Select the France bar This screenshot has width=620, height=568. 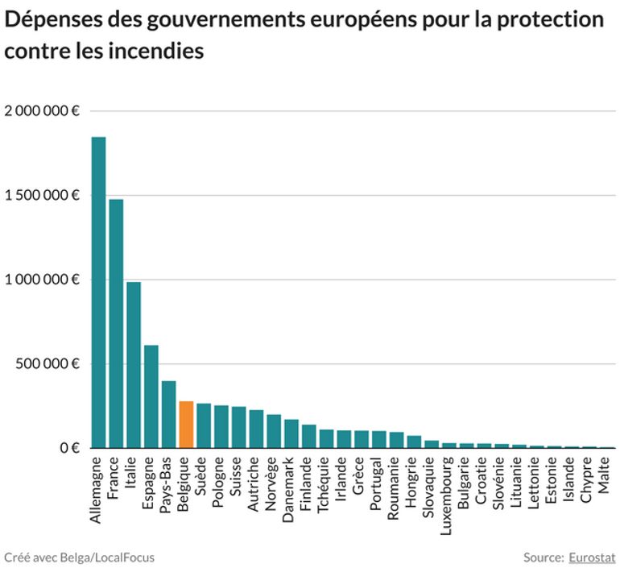click(x=116, y=323)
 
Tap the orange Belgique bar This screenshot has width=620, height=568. click(x=186, y=425)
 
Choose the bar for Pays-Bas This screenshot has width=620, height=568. click(x=168, y=414)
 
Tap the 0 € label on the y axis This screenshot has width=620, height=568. click(x=67, y=448)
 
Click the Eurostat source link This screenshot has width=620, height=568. click(x=592, y=557)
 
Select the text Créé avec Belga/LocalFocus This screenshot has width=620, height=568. click(x=79, y=557)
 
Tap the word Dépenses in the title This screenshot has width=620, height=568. click(x=51, y=19)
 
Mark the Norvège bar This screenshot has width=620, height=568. click(x=274, y=431)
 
